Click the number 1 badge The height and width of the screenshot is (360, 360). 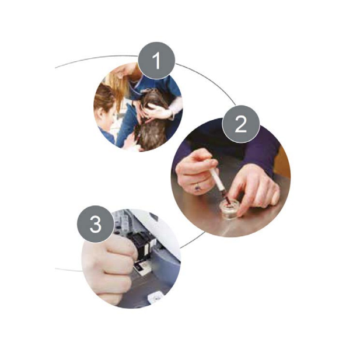tap(156, 61)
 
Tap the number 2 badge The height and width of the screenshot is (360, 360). tap(241, 124)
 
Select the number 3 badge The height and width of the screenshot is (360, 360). tap(96, 224)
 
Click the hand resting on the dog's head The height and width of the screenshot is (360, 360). tap(159, 112)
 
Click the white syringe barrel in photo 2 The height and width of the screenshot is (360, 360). tap(218, 180)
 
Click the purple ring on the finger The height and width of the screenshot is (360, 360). tap(198, 188)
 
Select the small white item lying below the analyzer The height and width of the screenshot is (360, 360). tap(156, 298)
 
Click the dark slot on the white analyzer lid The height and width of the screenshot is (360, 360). tap(153, 216)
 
